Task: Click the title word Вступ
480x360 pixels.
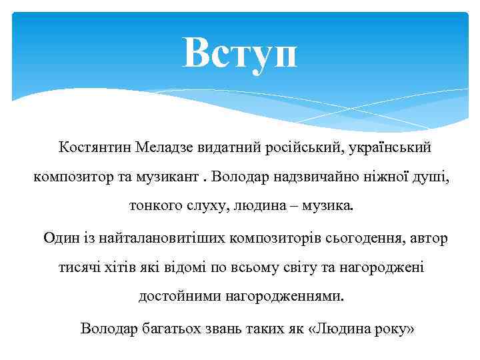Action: coord(240,53)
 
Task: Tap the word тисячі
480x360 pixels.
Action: coord(81,268)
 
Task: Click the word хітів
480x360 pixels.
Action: coord(128,268)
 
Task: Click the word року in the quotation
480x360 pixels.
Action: coord(389,329)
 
